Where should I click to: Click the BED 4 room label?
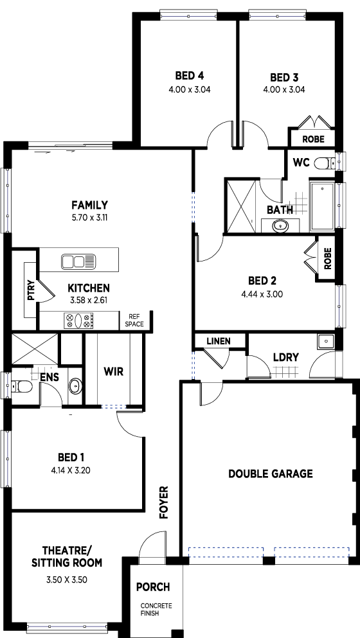(190, 76)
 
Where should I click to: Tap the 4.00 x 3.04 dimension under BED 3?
(284, 89)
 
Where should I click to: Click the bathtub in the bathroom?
(322, 206)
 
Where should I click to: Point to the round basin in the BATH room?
(280, 226)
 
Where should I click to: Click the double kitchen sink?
(78, 261)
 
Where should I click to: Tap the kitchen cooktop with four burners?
(78, 321)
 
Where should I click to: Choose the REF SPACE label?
(134, 320)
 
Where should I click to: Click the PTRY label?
(32, 291)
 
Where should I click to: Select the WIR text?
(113, 371)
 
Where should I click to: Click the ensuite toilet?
(22, 385)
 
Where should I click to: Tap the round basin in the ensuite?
(75, 385)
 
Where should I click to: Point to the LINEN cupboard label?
(219, 341)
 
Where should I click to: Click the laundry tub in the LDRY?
(325, 341)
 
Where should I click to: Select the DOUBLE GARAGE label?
(271, 474)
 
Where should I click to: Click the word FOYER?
(164, 502)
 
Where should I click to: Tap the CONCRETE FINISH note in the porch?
(156, 610)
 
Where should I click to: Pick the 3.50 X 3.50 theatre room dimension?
(67, 580)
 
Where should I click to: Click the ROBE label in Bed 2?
(327, 258)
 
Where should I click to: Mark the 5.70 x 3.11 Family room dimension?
(89, 217)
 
